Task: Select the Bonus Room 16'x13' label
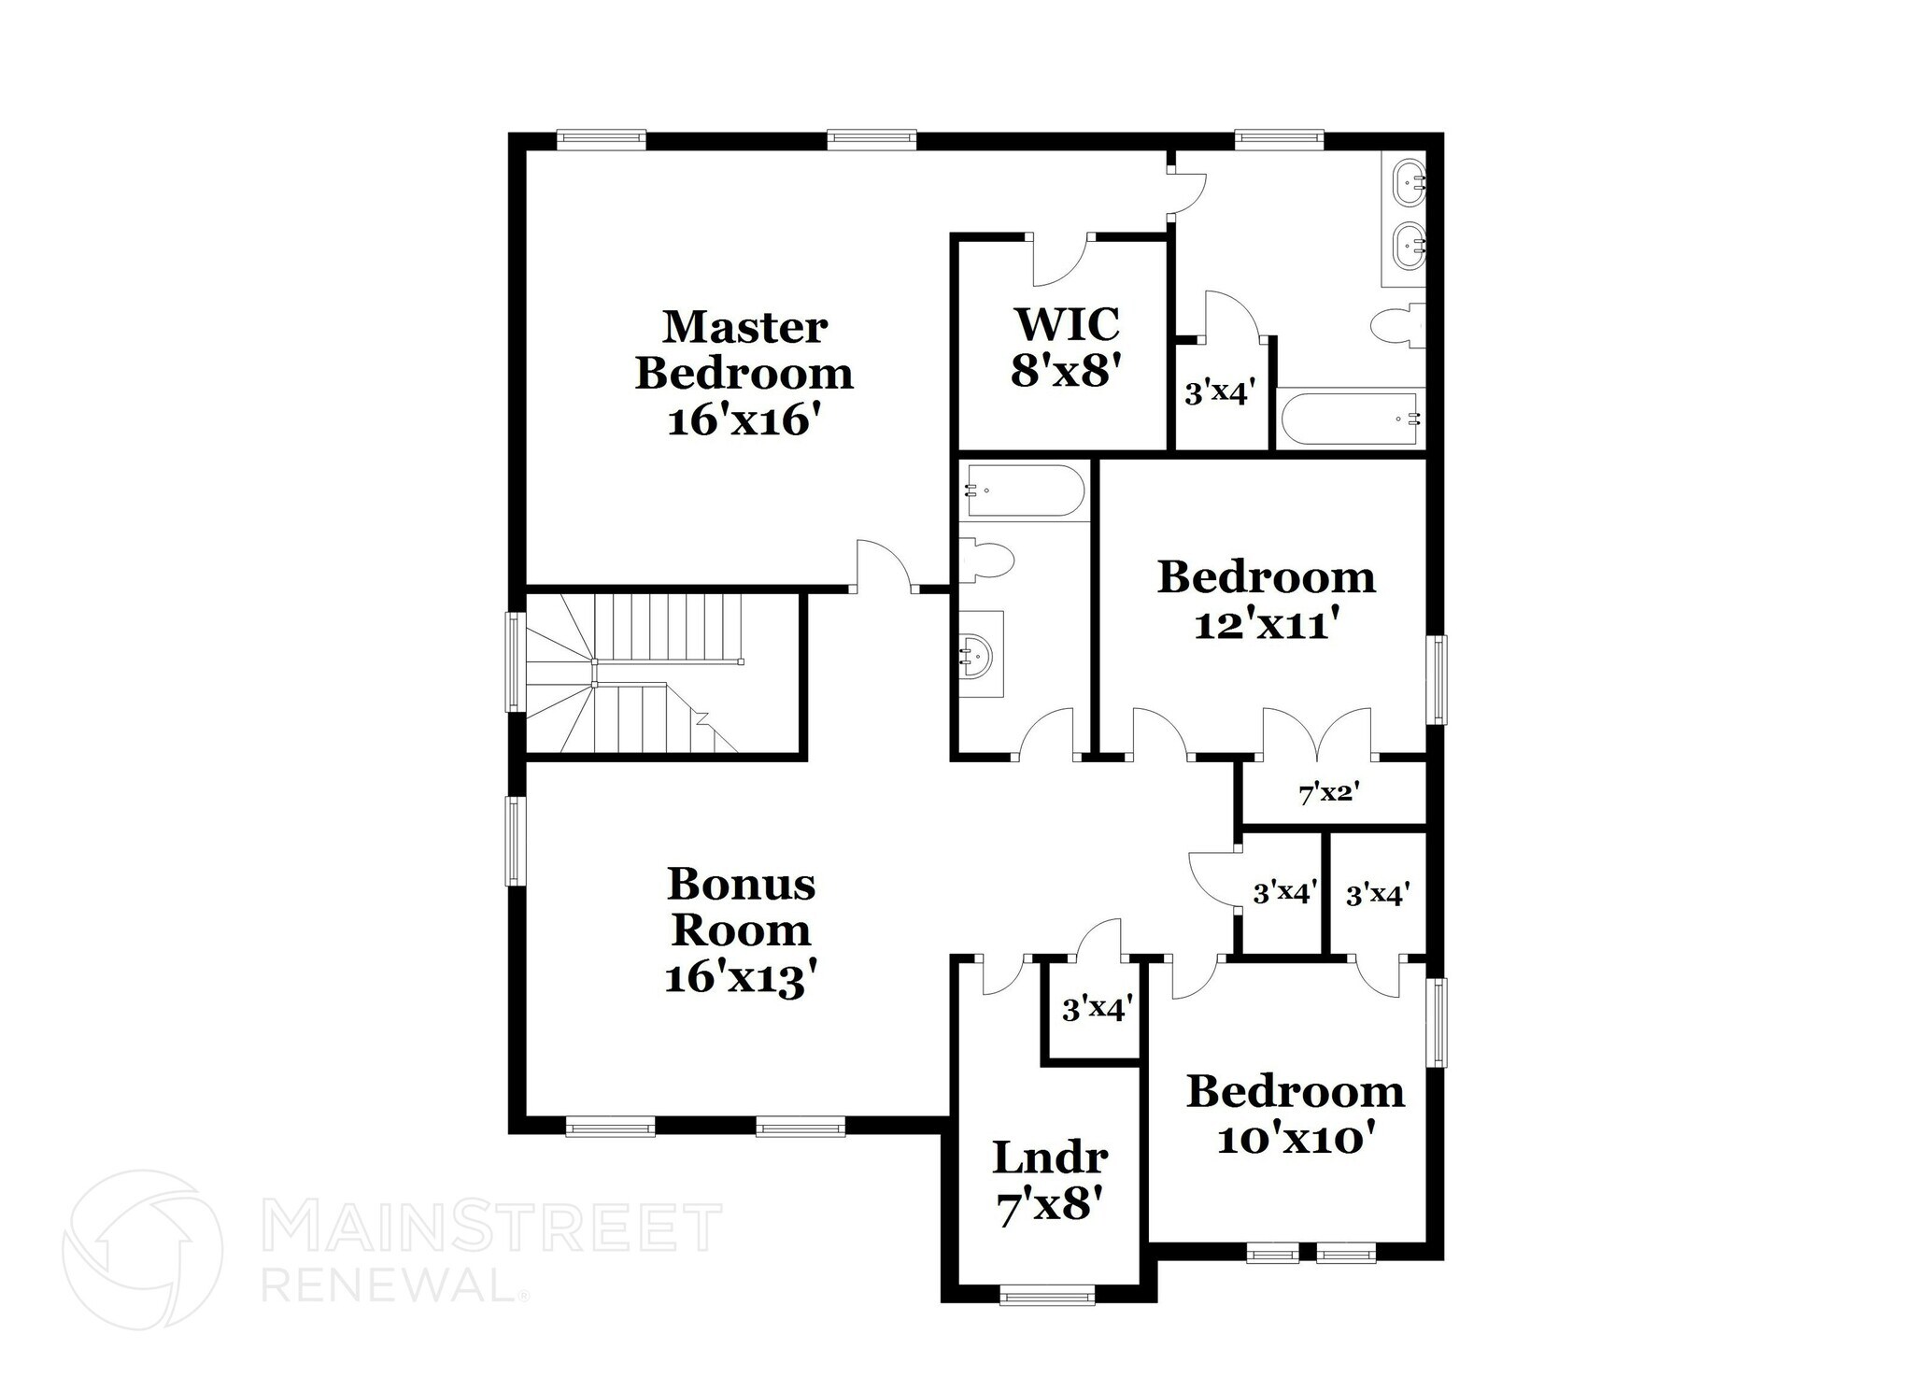click(742, 930)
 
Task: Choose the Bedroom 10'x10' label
click(1296, 1114)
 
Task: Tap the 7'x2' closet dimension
click(1328, 794)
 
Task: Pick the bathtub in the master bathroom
click(1351, 419)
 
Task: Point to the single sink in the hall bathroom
click(979, 654)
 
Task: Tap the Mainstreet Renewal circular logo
click(142, 1249)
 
